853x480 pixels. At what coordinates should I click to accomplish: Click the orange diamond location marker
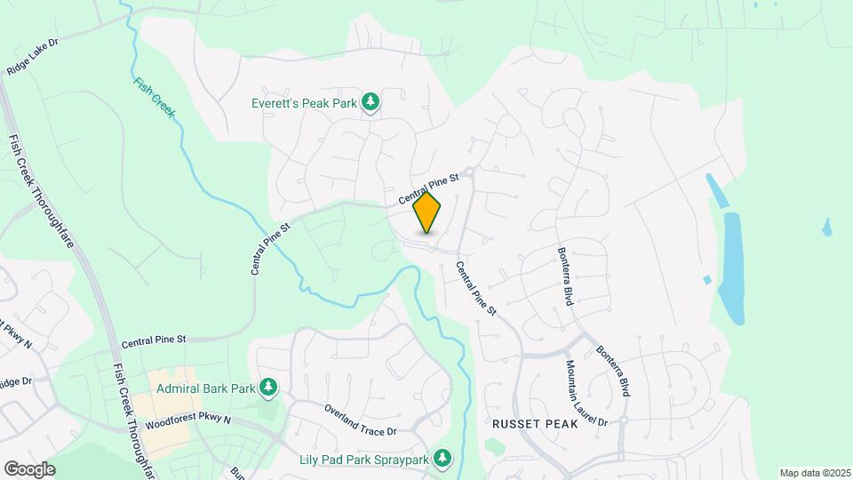(427, 212)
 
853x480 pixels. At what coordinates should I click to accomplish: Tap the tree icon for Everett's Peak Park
(371, 104)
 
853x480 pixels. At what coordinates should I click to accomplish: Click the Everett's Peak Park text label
(302, 104)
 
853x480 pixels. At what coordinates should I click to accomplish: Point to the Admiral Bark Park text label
(206, 388)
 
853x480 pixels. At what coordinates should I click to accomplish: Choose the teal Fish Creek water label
(154, 97)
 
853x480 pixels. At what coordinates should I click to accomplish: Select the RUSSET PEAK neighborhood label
(535, 425)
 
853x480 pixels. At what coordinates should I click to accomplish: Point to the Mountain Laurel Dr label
(586, 391)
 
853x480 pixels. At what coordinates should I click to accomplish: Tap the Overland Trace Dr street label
(361, 419)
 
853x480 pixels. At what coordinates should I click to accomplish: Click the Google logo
(29, 469)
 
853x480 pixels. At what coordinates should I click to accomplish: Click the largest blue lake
(732, 267)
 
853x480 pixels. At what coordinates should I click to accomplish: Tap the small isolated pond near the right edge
(827, 227)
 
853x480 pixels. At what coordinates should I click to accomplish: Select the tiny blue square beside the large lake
(707, 280)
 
